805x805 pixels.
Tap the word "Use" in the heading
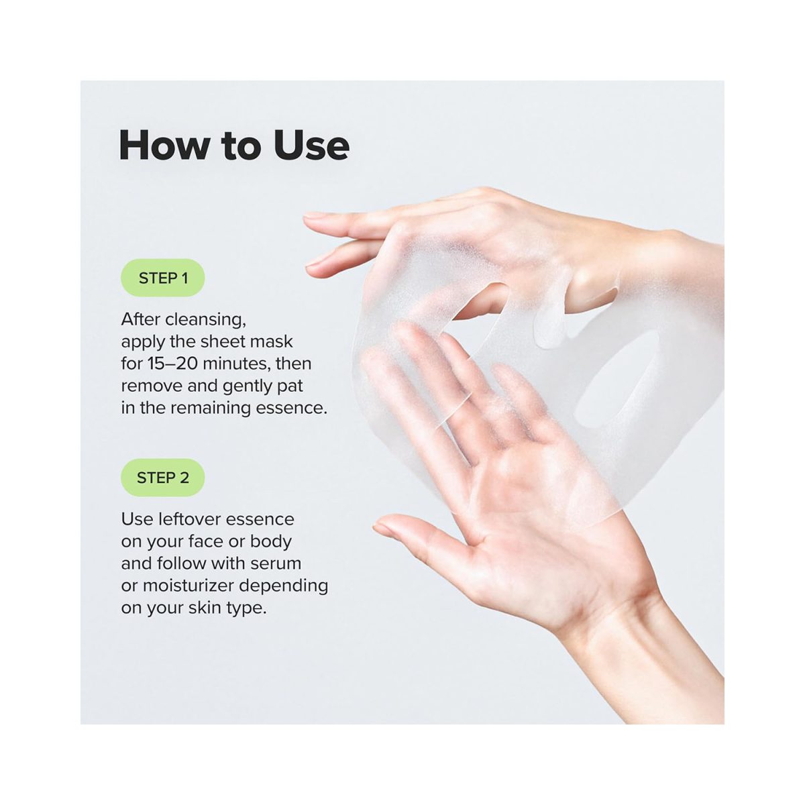311,145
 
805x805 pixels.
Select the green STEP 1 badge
163,278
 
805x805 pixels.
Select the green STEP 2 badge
163,478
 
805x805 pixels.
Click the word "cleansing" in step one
205,321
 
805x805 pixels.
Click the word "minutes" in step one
236,364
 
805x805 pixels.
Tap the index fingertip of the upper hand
309,215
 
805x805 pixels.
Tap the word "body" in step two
271,542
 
